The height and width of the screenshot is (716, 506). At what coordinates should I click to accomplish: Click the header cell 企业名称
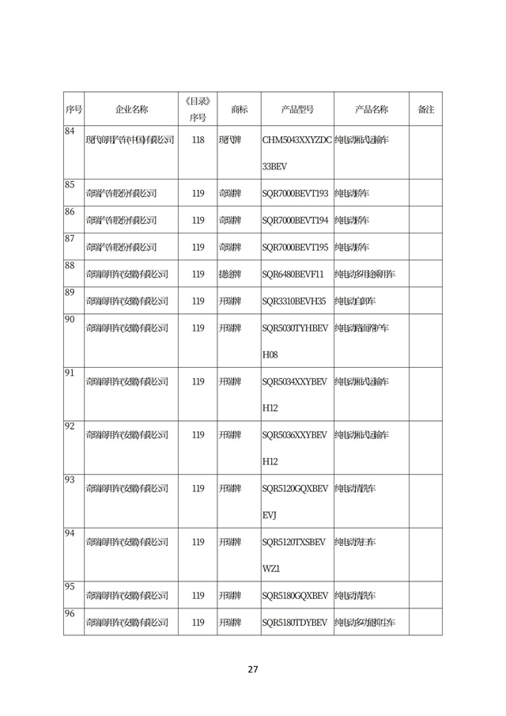pyautogui.click(x=131, y=109)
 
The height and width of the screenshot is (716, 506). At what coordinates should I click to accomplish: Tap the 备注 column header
pyautogui.click(x=425, y=109)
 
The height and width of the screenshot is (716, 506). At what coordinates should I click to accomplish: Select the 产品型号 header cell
pyautogui.click(x=297, y=109)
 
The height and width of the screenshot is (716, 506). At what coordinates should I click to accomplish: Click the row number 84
pyautogui.click(x=70, y=131)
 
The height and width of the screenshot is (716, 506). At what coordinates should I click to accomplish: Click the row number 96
pyautogui.click(x=70, y=614)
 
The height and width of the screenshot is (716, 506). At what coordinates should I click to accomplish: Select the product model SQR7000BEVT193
pyautogui.click(x=294, y=192)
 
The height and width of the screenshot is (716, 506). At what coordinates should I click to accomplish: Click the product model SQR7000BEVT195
pyautogui.click(x=294, y=247)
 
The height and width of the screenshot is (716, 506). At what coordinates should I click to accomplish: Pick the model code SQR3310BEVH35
pyautogui.click(x=293, y=301)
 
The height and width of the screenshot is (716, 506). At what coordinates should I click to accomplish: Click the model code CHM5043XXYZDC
pyautogui.click(x=297, y=140)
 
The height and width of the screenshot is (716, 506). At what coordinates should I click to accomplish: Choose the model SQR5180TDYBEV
pyautogui.click(x=294, y=623)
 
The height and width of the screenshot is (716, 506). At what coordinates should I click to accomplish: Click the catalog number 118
pyautogui.click(x=198, y=140)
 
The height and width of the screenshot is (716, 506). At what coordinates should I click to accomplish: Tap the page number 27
pyautogui.click(x=253, y=669)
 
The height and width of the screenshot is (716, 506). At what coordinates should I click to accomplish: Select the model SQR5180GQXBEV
pyautogui.click(x=294, y=596)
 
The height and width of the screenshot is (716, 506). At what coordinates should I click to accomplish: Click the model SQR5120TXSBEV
pyautogui.click(x=293, y=542)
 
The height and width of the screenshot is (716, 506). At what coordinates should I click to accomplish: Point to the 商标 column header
pyautogui.click(x=239, y=109)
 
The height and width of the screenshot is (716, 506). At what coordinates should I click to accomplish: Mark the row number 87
pyautogui.click(x=70, y=238)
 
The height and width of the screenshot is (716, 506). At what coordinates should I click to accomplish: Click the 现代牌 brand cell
pyautogui.click(x=230, y=140)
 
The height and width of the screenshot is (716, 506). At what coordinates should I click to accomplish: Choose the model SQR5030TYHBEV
pyautogui.click(x=294, y=328)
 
